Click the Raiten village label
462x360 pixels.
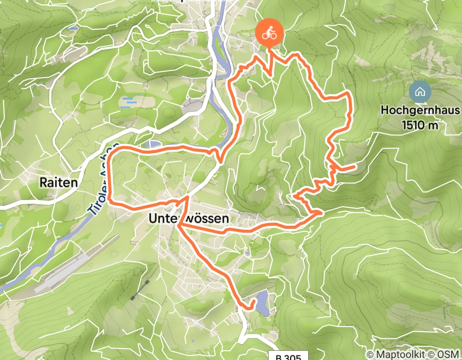point(59,182)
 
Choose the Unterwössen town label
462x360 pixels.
point(188,219)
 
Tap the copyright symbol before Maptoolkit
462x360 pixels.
point(370,354)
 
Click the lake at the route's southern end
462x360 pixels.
point(262,302)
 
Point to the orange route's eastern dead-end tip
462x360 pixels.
point(355,167)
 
